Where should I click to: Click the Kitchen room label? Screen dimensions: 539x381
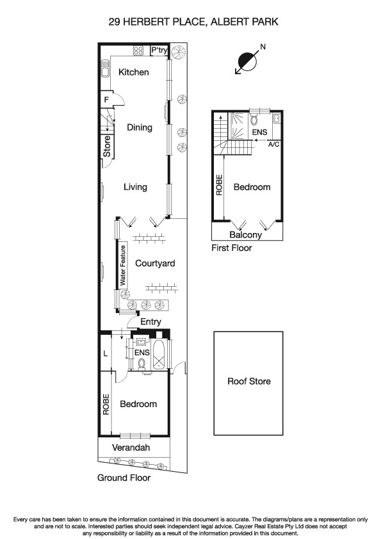click(x=134, y=72)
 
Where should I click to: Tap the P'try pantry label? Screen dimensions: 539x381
click(x=159, y=51)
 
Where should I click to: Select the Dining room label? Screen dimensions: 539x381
click(x=139, y=127)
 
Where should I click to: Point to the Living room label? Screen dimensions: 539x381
click(x=135, y=187)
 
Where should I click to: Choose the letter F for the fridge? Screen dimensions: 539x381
click(x=106, y=100)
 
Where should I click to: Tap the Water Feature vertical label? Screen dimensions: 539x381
click(x=122, y=264)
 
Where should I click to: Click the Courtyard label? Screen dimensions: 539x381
click(x=154, y=263)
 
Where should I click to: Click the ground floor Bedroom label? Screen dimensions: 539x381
click(x=138, y=405)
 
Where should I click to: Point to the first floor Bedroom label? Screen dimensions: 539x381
click(x=252, y=188)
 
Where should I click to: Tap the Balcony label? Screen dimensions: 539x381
click(x=246, y=235)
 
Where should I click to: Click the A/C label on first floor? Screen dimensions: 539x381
click(x=274, y=145)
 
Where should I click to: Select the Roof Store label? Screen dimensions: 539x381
click(x=249, y=382)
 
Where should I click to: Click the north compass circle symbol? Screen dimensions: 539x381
click(x=247, y=62)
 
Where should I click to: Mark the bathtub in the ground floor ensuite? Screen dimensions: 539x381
click(x=159, y=356)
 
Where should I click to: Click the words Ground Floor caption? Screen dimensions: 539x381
click(x=124, y=478)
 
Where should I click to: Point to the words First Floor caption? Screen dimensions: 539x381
click(x=232, y=248)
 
